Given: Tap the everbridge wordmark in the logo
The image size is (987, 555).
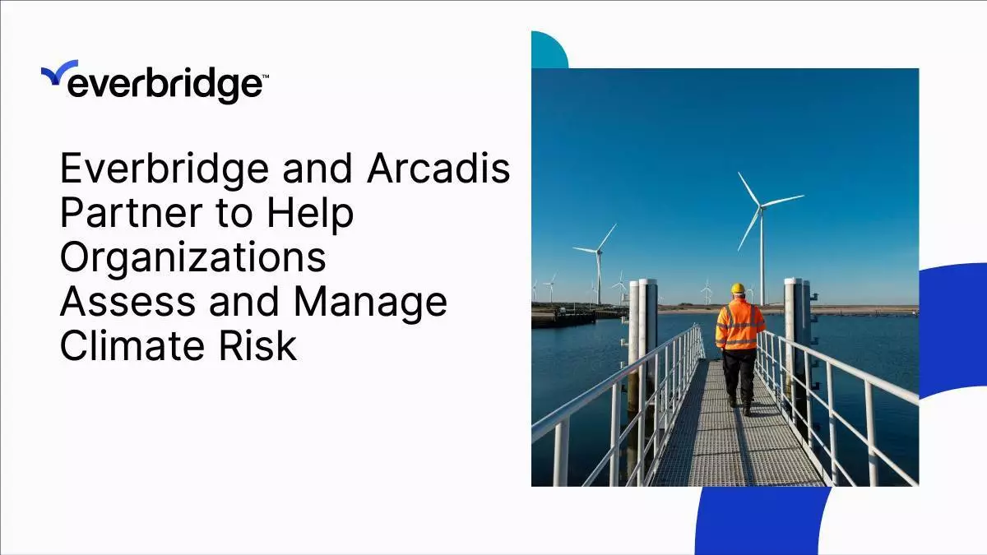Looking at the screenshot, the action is tap(164, 84).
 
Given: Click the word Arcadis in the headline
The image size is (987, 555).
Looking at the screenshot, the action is tap(438, 169).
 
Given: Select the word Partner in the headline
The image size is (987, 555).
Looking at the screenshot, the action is tap(132, 213).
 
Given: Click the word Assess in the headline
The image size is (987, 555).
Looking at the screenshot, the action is tap(127, 303).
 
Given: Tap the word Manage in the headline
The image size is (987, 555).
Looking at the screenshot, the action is tap(371, 303).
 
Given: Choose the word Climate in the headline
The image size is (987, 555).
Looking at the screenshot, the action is tap(132, 346).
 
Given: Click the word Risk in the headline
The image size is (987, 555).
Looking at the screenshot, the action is tap(257, 346).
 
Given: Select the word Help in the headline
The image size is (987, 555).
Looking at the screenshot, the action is tap(310, 214).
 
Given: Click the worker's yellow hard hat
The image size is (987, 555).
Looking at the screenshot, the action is tap(738, 289).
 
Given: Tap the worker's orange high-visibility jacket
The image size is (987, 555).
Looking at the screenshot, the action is tap(739, 324).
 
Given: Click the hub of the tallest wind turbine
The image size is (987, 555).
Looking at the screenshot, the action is tap(761, 206).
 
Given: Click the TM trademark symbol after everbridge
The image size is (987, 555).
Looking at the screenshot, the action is tap(265, 76).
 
